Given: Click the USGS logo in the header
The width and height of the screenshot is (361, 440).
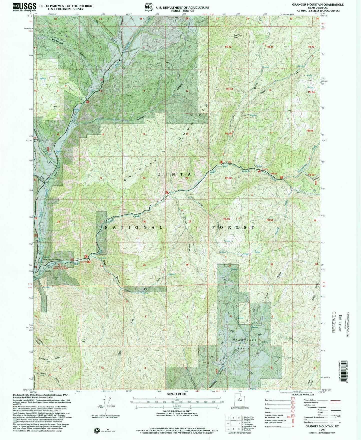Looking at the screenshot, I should click(x=24, y=7).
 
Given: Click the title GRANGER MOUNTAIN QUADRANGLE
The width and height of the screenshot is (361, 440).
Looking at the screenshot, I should click(x=318, y=4).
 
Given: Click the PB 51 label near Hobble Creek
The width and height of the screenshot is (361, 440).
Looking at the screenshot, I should click(x=274, y=173).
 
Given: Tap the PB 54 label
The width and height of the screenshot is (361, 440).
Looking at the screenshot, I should click(x=270, y=220).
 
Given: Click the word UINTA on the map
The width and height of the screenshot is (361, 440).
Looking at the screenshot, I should click(x=174, y=174).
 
